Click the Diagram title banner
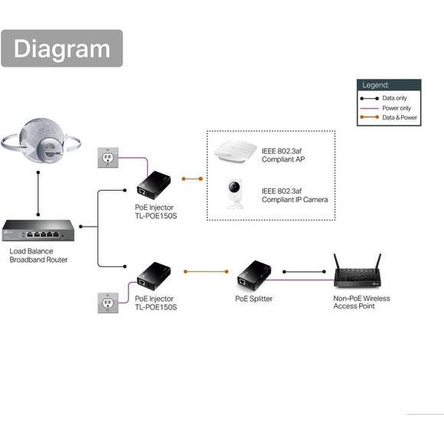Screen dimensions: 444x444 61,48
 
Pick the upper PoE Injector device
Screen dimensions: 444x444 153,179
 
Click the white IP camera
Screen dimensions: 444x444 234,194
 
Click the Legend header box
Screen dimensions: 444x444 390,85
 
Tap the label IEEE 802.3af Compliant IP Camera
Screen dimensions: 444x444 294,194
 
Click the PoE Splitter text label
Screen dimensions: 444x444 253,299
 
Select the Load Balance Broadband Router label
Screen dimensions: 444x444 38,256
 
